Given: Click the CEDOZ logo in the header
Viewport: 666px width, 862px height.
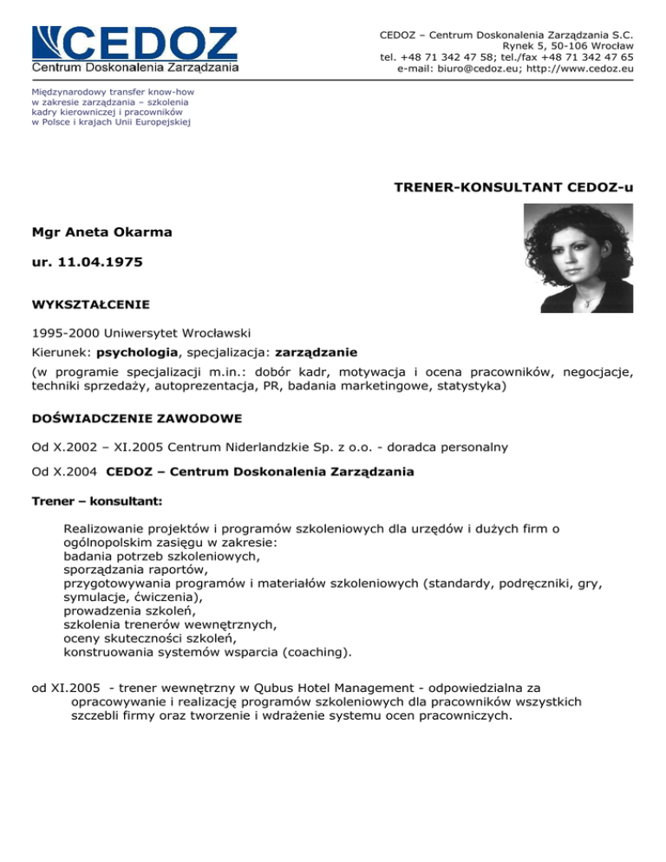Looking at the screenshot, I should [x=134, y=49].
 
